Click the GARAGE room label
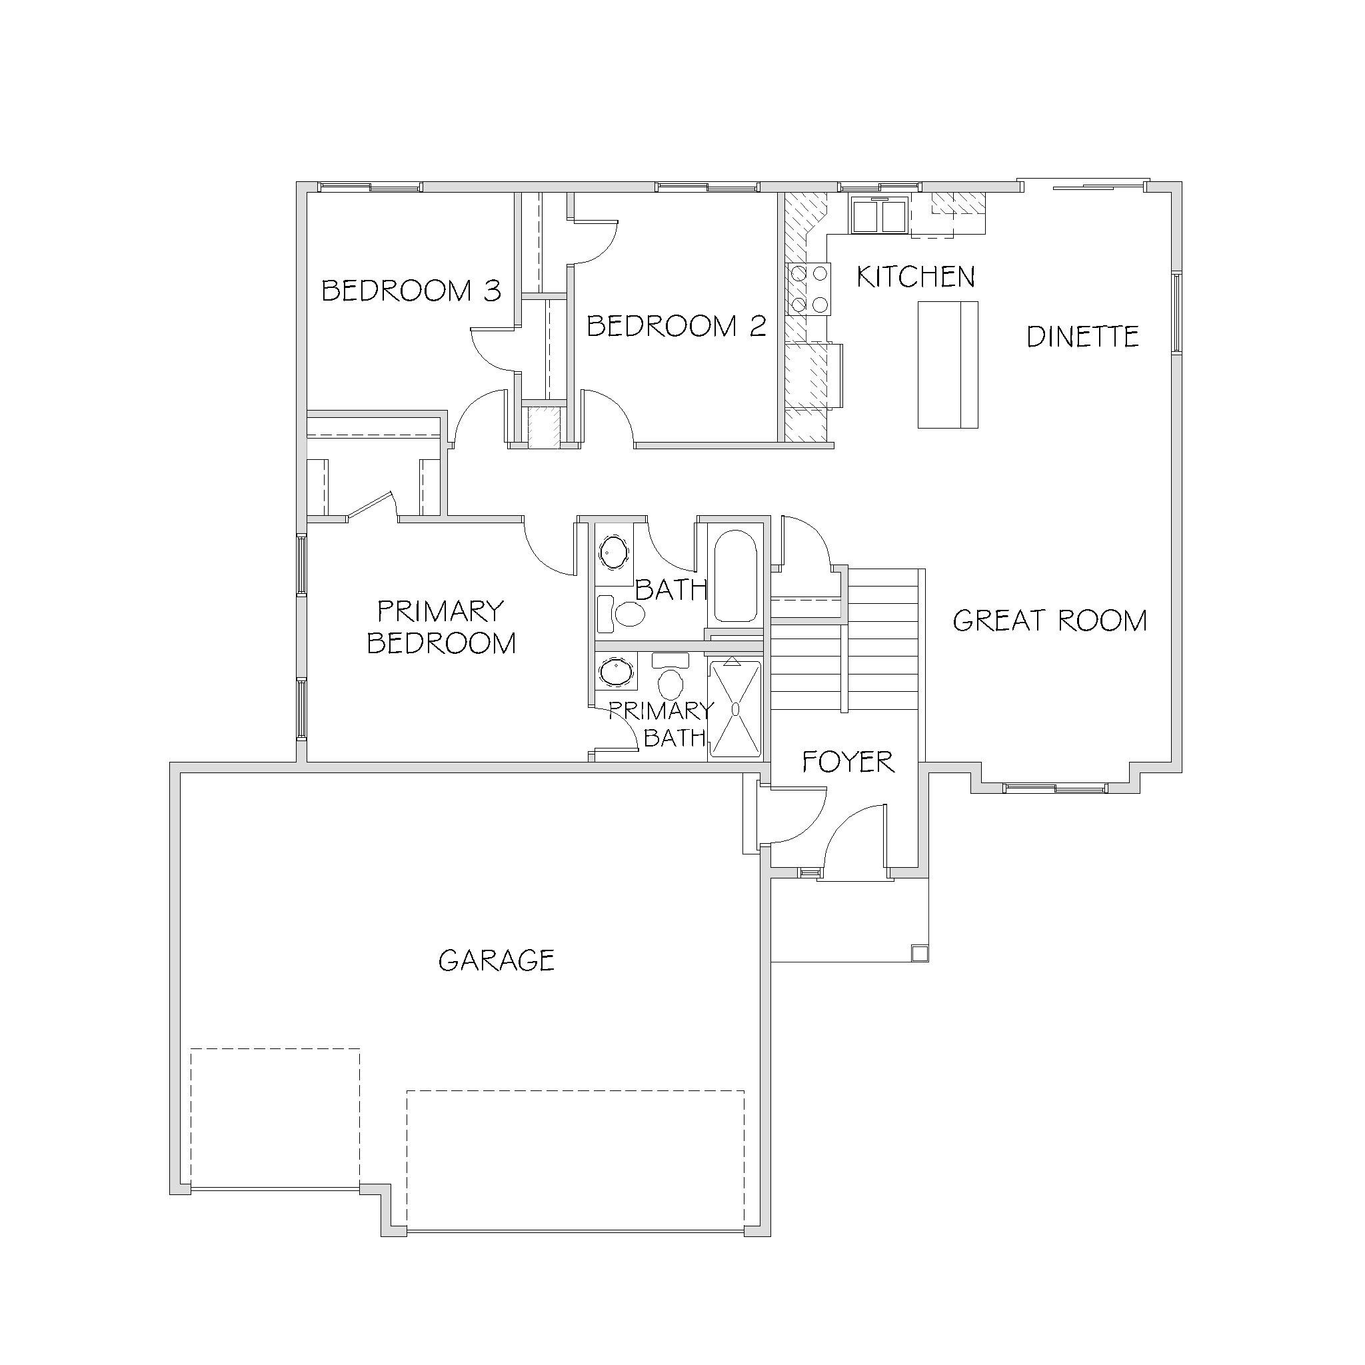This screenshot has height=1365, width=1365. point(496,960)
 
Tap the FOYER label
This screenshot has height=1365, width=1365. point(848,762)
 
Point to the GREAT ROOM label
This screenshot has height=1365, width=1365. point(1050,621)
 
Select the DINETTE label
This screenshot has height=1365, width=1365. point(1082,337)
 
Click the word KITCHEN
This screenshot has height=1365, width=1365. point(916,276)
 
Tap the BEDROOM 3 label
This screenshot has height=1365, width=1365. point(411,291)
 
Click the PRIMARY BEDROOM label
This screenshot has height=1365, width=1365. point(442,627)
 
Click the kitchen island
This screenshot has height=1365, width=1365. point(948,365)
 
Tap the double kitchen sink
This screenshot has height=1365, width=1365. point(879,215)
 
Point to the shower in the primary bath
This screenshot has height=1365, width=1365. point(734,708)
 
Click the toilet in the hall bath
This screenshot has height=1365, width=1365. point(622,614)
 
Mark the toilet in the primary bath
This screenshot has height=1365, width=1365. point(670,676)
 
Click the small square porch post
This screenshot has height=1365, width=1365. point(919,953)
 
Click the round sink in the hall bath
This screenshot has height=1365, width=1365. point(613,553)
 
